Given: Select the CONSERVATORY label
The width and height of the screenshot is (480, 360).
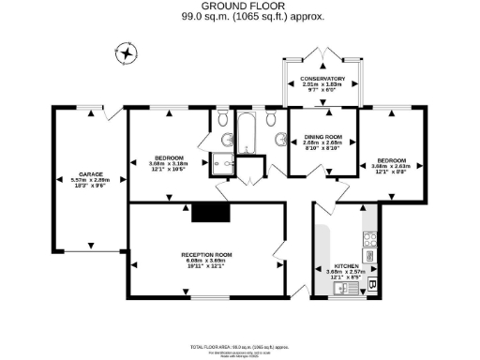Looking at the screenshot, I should (x=322, y=79).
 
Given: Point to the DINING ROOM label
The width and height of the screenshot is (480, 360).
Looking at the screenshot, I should (x=322, y=138).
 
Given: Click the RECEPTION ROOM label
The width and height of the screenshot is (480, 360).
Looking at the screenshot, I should (x=206, y=254).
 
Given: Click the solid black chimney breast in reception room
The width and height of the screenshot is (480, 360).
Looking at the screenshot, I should (x=205, y=213).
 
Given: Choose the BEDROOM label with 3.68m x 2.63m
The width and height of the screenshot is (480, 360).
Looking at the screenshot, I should (x=392, y=160).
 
